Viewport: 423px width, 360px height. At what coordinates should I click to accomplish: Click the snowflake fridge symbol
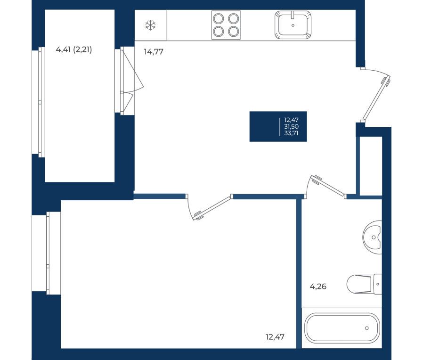[x=150, y=25]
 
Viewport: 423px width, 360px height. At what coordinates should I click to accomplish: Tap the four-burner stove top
[x=226, y=25]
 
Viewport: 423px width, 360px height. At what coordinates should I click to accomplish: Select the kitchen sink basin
[x=293, y=25]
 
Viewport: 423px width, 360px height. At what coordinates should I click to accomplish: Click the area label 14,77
[x=154, y=51]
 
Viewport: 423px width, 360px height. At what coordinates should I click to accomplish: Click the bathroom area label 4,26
[x=318, y=286]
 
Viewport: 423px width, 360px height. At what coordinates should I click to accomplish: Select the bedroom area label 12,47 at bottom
[x=275, y=337]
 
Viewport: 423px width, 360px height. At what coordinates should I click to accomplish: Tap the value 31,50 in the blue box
[x=291, y=126]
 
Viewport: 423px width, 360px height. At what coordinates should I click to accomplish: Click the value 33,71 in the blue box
[x=291, y=133]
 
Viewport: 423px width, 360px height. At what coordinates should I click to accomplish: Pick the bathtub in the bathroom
[x=342, y=328]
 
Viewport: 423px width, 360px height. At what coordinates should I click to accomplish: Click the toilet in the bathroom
[x=364, y=284]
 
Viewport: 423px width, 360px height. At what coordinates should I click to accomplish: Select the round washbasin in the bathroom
[x=372, y=237]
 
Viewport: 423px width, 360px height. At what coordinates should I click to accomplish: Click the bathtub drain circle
[x=366, y=328]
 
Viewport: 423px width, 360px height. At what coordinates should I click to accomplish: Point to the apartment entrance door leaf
[x=376, y=98]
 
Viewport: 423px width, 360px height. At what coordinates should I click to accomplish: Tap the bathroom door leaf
[x=327, y=186]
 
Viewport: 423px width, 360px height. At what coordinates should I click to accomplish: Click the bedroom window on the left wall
[x=46, y=253]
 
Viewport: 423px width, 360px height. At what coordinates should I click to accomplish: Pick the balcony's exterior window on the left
[x=38, y=102]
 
